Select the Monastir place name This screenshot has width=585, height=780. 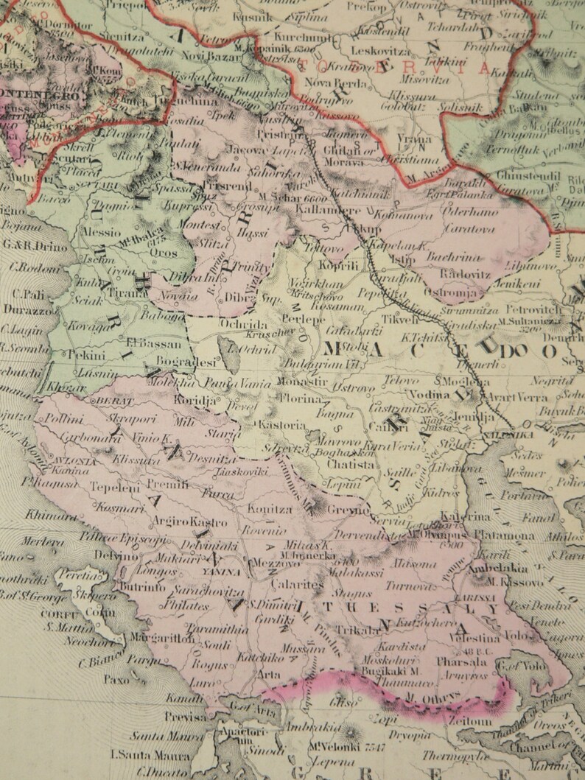tap(303, 382)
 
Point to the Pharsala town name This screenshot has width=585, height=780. tap(460, 661)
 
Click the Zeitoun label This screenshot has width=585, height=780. tap(457, 723)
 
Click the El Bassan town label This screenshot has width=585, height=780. tap(153, 343)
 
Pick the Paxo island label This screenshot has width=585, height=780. tap(116, 680)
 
